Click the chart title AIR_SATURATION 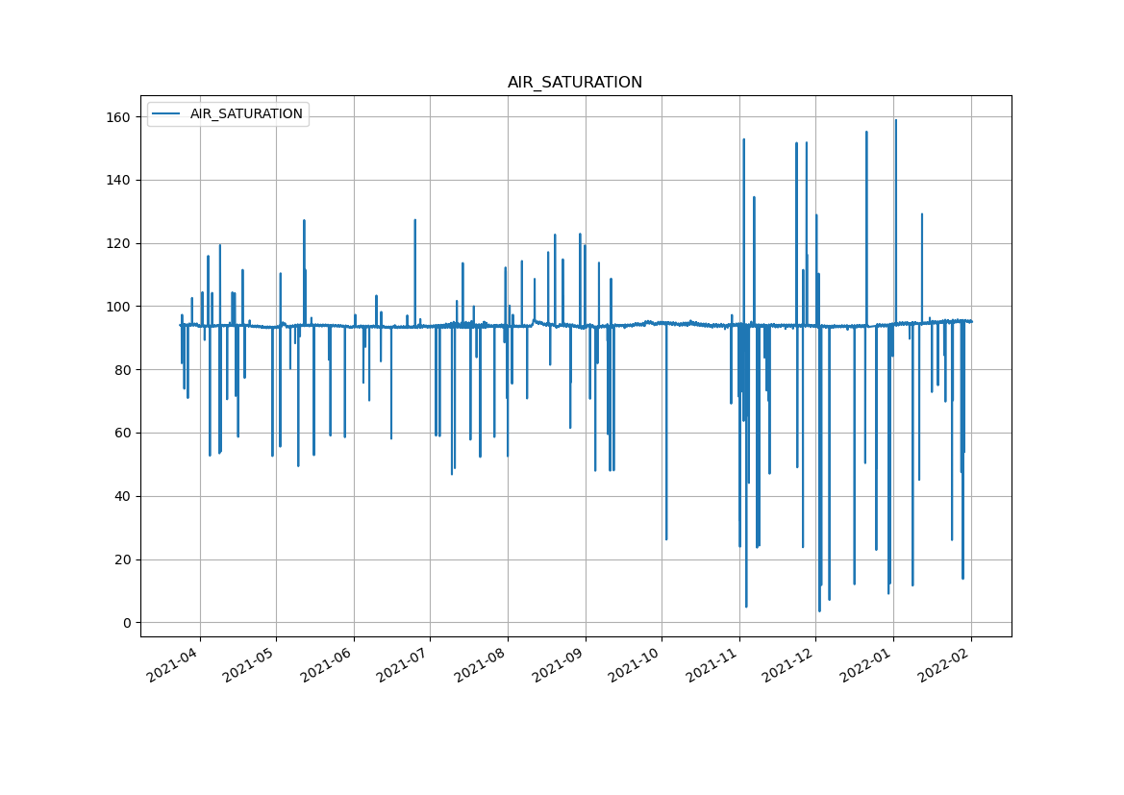click(574, 83)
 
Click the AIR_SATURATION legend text click(246, 113)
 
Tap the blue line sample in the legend click(165, 113)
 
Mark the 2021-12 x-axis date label click(791, 664)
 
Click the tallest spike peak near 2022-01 click(895, 120)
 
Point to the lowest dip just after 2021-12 click(819, 610)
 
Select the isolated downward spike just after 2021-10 click(666, 538)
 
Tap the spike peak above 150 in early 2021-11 click(743, 139)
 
